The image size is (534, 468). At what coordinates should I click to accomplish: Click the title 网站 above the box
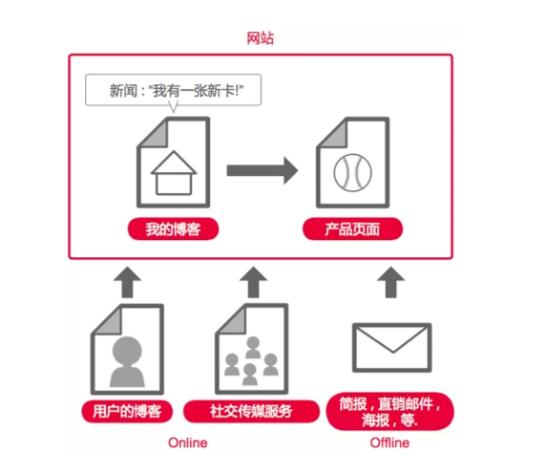pyautogui.click(x=260, y=39)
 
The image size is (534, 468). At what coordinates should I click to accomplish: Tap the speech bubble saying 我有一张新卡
pyautogui.click(x=171, y=91)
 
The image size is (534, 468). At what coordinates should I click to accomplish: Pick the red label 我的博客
pyautogui.click(x=173, y=230)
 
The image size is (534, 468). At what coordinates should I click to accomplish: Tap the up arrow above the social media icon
pyautogui.click(x=252, y=281)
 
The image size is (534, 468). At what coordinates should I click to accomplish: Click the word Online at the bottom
pyautogui.click(x=187, y=443)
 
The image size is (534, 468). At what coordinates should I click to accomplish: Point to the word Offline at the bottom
pyautogui.click(x=389, y=443)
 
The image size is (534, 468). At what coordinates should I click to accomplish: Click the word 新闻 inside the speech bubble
pyautogui.click(x=123, y=91)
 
